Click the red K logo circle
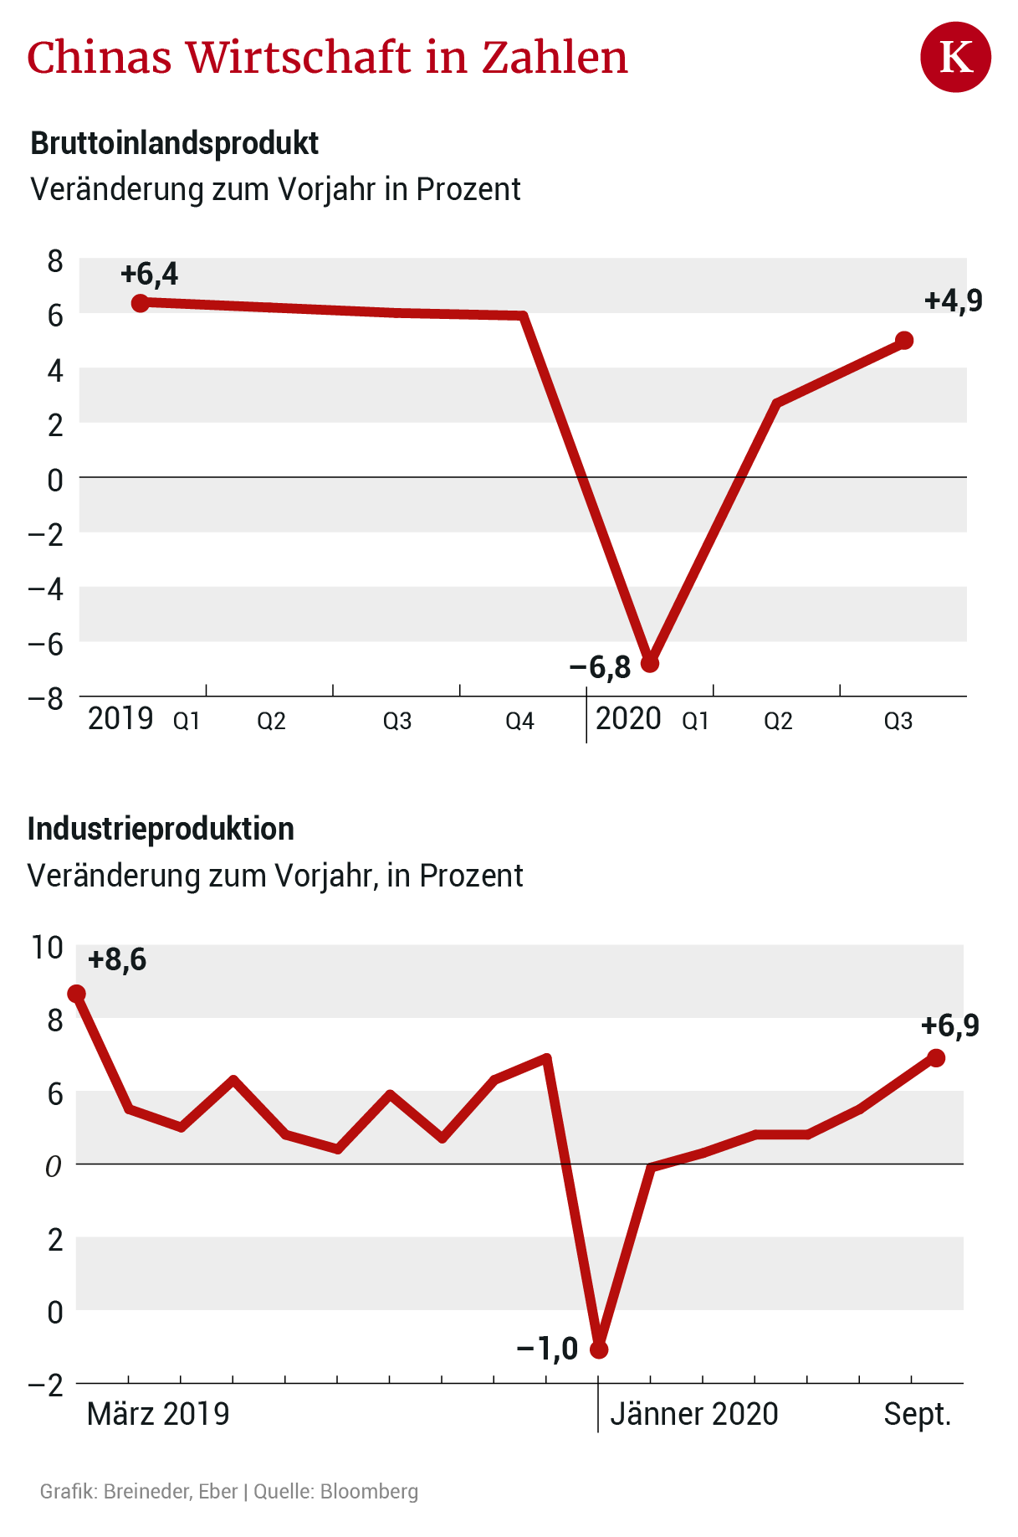click(955, 57)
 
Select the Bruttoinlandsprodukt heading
click(174, 143)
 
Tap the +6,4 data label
click(149, 274)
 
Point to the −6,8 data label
click(600, 667)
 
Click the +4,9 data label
click(953, 301)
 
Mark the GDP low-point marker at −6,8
click(650, 663)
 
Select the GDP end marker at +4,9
click(903, 340)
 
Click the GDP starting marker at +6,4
click(141, 302)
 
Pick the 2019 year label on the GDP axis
click(120, 719)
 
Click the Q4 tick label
click(519, 721)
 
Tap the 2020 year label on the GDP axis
click(628, 719)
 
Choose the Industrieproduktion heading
click(161, 829)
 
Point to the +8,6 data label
click(117, 959)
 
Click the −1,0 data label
click(548, 1349)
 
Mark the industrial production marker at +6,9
click(936, 1058)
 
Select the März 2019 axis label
click(158, 1414)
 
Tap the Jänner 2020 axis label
click(693, 1414)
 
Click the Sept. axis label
click(918, 1414)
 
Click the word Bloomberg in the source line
click(369, 1492)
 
